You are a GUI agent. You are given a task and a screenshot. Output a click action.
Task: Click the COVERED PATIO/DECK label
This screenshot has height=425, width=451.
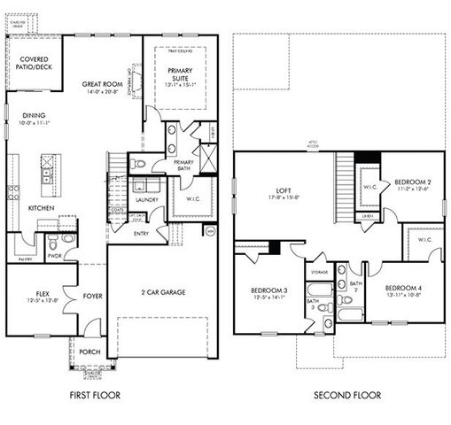(35, 66)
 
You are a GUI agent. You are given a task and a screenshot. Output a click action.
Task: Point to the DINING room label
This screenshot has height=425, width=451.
(35, 116)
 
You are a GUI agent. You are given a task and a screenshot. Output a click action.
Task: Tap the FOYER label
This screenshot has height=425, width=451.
(92, 297)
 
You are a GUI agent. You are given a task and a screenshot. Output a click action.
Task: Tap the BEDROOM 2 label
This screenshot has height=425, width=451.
(412, 182)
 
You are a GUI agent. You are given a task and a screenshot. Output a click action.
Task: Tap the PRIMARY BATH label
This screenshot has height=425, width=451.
(184, 165)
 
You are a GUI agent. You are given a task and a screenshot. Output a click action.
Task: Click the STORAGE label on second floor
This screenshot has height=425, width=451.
(319, 273)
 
